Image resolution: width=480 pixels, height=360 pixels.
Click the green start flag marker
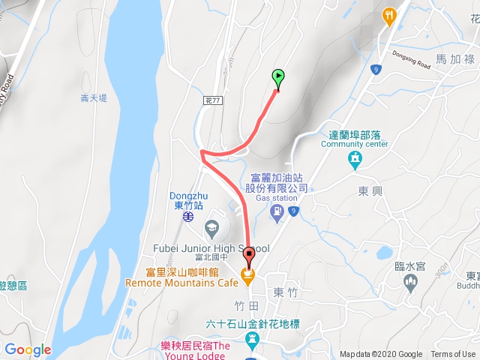click(278, 76)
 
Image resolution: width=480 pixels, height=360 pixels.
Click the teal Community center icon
click(355, 160)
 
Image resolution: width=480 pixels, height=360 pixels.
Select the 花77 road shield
click(212, 99)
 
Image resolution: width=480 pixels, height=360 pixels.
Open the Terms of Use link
click(453, 355)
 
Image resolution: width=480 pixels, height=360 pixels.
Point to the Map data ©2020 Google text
click(381, 355)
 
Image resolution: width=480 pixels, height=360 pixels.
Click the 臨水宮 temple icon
click(409, 283)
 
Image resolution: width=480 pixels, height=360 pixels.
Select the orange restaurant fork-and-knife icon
click(389, 15)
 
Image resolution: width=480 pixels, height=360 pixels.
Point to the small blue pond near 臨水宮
click(383, 251)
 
